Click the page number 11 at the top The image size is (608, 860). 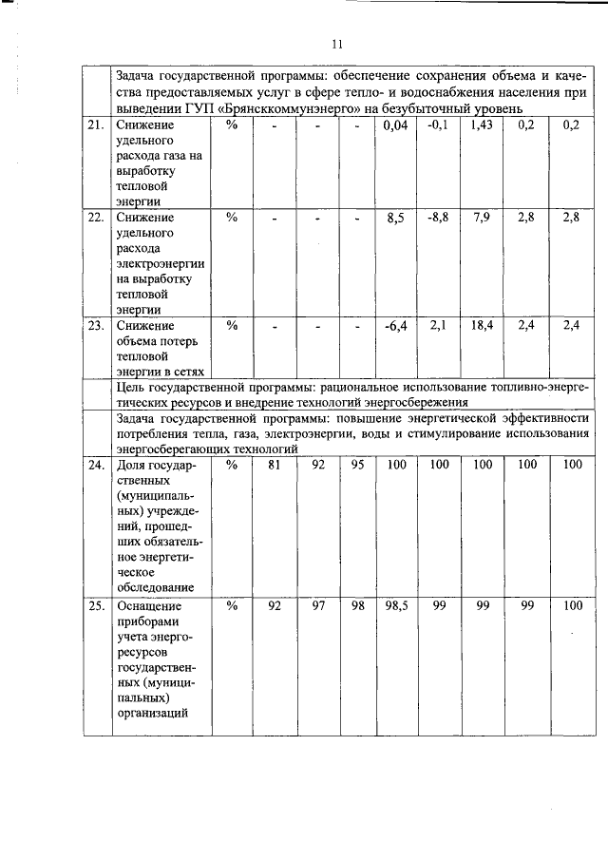[336, 44]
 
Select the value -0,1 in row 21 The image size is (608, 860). [438, 124]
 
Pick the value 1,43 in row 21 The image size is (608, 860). [482, 124]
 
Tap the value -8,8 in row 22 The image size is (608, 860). [438, 218]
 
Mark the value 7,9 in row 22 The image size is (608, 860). [482, 218]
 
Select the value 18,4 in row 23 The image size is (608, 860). [482, 326]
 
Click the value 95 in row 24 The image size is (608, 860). [357, 465]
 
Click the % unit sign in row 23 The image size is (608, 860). [231, 326]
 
